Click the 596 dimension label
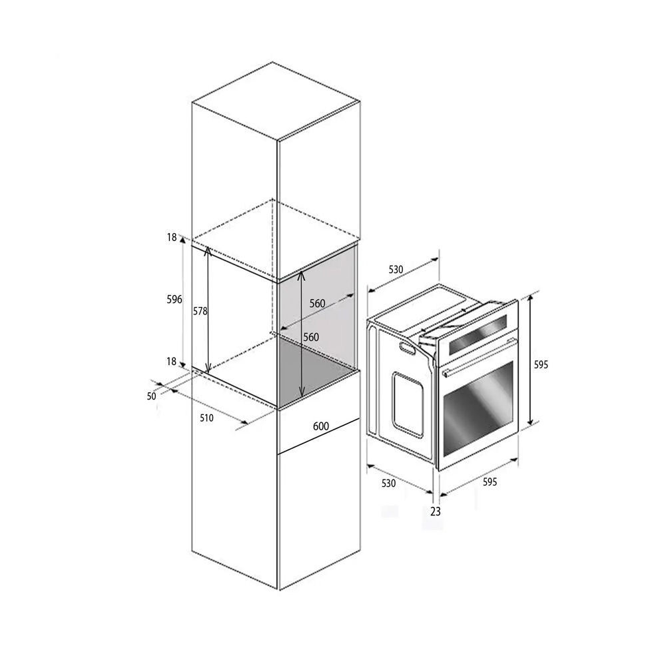tap(174, 300)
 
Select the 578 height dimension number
tap(200, 311)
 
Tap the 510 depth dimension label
tap(206, 418)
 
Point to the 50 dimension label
tap(152, 396)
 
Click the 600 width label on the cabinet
tap(321, 426)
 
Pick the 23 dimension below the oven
tap(436, 511)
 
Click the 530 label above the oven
tap(396, 270)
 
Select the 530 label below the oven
tap(389, 484)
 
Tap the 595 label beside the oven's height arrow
tap(541, 365)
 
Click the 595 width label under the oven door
tap(490, 482)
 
